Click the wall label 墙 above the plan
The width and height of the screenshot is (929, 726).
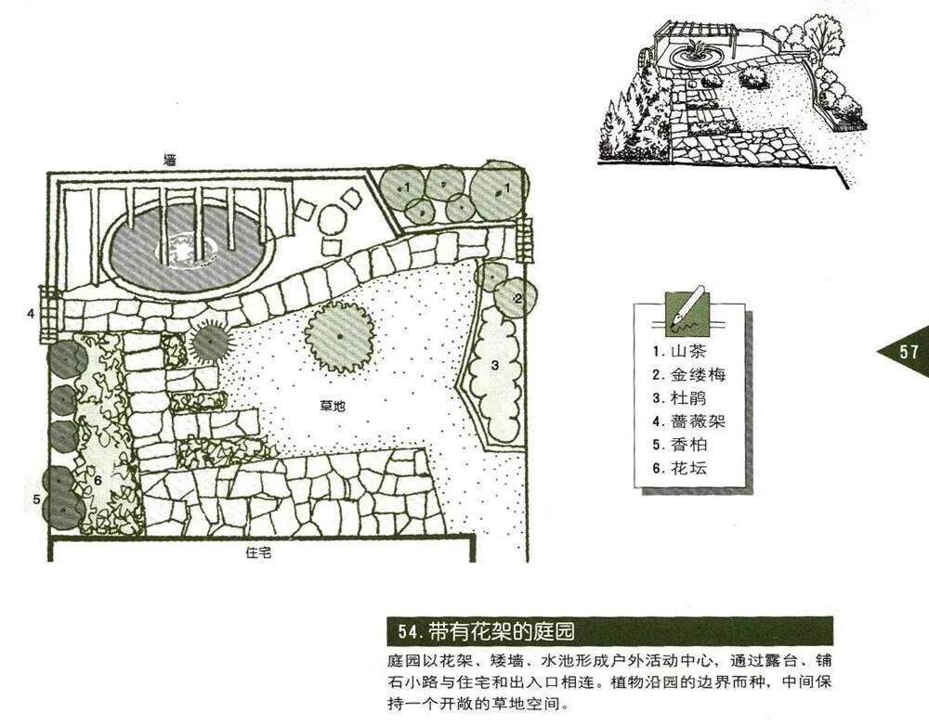click(x=169, y=160)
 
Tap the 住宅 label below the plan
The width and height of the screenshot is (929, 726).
click(x=258, y=552)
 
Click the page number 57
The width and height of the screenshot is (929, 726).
click(x=908, y=352)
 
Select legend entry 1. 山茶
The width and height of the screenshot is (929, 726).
click(x=684, y=352)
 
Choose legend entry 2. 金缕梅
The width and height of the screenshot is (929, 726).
click(x=688, y=375)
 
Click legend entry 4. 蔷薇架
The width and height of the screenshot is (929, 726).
click(x=688, y=421)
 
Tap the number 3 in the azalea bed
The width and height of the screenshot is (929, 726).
click(x=495, y=366)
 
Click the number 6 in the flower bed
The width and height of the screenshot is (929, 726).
click(x=97, y=480)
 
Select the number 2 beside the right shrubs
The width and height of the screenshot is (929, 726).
click(x=519, y=297)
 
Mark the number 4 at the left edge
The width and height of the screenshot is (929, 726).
click(x=31, y=313)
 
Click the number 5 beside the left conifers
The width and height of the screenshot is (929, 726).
click(x=36, y=499)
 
